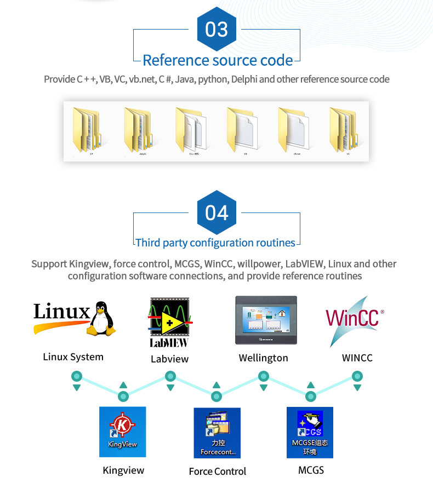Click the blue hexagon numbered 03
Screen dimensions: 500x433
click(x=216, y=28)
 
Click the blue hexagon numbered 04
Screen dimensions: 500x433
click(x=216, y=212)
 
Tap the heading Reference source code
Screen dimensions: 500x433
click(x=218, y=60)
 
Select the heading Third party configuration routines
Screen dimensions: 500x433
click(x=215, y=243)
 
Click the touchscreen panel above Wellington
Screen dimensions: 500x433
click(x=266, y=320)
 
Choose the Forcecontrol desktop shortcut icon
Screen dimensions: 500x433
click(x=217, y=433)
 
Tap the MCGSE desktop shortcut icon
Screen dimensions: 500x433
click(x=310, y=433)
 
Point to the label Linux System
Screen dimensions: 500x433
click(x=73, y=357)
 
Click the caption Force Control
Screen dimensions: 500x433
click(x=218, y=472)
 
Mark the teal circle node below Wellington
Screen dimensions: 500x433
click(x=264, y=376)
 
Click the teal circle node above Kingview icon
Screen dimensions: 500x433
click(x=123, y=396)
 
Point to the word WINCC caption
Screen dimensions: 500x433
click(x=357, y=358)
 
